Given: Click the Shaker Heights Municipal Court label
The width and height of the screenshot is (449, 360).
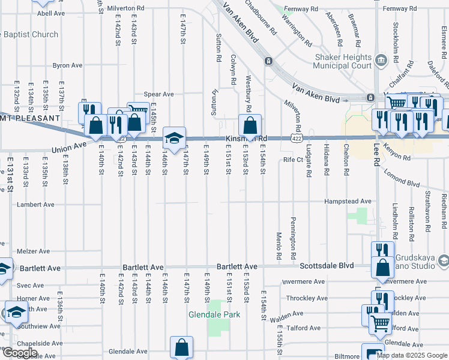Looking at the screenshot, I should tap(344, 61).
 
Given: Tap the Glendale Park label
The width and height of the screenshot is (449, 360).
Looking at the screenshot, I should tap(214, 314).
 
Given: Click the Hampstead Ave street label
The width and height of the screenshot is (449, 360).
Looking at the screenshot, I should tap(348, 202).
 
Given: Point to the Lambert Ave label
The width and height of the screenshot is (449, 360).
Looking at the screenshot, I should tap(35, 205).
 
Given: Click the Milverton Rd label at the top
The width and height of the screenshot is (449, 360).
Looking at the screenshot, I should tap(127, 8).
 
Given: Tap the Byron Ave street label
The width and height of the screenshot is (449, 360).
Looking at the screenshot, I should tap(67, 65).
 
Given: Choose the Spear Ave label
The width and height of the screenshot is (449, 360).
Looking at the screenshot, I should tap(158, 94).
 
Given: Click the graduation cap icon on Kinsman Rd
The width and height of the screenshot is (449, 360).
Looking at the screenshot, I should tap(174, 139).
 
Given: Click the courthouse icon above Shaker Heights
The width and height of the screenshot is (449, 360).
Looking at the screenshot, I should tap(381, 60).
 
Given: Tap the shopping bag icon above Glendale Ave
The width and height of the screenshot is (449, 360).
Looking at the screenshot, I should tap(181, 347).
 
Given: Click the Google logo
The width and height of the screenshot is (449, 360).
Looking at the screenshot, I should tap(19, 353).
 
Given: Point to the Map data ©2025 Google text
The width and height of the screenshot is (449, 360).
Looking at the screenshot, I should tap(412, 355).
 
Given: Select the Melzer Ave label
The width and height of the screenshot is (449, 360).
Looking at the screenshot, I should tap(34, 251).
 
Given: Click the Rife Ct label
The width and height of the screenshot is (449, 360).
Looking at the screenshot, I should tap(294, 160).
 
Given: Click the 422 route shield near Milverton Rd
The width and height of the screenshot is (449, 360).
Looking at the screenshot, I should tap(296, 138).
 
